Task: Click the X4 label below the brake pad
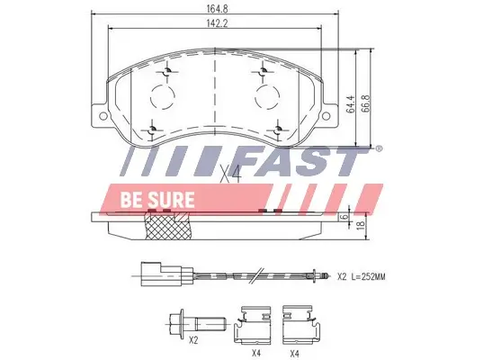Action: click(x=231, y=174)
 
